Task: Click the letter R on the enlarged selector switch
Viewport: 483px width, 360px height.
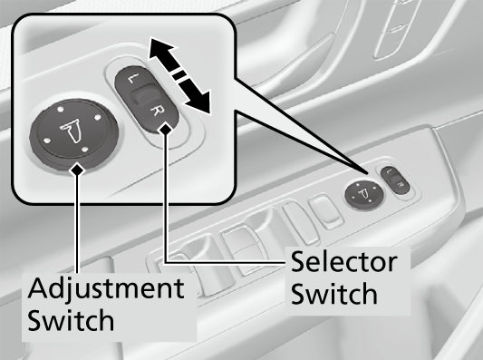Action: [156, 112]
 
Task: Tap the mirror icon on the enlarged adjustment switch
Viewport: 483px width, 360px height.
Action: [72, 131]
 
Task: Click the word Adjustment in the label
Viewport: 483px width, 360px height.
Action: [106, 288]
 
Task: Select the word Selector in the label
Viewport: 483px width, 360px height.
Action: [344, 262]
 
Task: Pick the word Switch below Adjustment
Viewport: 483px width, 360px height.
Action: [71, 320]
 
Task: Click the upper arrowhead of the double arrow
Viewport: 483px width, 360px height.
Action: [161, 49]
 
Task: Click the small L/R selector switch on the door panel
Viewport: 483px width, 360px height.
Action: [395, 180]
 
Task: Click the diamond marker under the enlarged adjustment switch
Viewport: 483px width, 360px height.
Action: [77, 170]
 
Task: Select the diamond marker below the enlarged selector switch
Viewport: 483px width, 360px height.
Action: [166, 129]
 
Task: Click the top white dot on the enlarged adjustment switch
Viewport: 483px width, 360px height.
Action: [61, 109]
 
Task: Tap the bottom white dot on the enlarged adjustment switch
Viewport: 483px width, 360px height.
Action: [85, 151]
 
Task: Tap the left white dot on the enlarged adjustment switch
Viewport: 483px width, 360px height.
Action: [46, 141]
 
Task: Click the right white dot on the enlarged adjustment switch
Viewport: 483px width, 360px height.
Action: [97, 117]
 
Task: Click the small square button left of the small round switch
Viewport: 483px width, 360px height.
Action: [326, 210]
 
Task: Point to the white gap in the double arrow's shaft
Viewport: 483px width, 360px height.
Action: [179, 75]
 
